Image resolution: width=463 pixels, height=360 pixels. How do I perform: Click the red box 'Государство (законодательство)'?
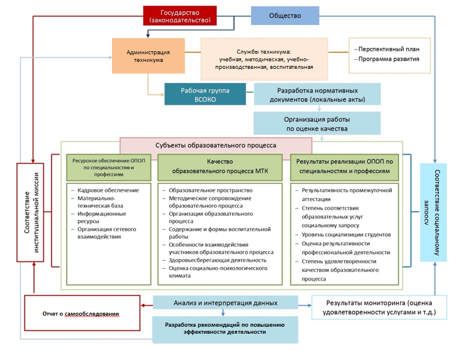coord(180,16)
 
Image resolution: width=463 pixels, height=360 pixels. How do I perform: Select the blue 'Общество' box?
coord(285,16)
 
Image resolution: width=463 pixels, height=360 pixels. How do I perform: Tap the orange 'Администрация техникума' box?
coord(148,55)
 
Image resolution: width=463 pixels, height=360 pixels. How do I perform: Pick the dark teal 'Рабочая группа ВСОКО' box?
coord(205,95)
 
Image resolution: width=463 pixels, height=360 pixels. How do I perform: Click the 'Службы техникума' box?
coord(264,59)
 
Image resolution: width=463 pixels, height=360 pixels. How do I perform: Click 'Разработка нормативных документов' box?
coord(317,95)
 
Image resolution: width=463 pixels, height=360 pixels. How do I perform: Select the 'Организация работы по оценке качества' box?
coord(317,123)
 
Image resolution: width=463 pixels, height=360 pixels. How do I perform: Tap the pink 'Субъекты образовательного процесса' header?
coord(216,145)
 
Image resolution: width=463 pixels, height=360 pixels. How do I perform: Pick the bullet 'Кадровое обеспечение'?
coord(108,190)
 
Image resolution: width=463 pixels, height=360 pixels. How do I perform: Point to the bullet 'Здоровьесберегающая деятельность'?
coord(218,260)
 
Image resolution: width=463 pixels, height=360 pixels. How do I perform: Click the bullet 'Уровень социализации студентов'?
coord(346,235)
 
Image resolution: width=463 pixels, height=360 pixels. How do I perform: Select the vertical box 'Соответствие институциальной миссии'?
coord(30,212)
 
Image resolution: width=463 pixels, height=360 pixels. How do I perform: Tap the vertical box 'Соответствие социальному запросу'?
coord(433,212)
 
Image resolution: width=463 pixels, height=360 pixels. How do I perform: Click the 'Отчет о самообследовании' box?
coord(82,313)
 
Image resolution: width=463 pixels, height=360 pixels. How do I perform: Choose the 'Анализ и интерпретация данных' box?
coord(225,303)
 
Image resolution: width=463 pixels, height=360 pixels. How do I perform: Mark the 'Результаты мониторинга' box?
coord(379,307)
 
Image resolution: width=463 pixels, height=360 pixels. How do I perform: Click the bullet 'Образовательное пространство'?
coord(211,190)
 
